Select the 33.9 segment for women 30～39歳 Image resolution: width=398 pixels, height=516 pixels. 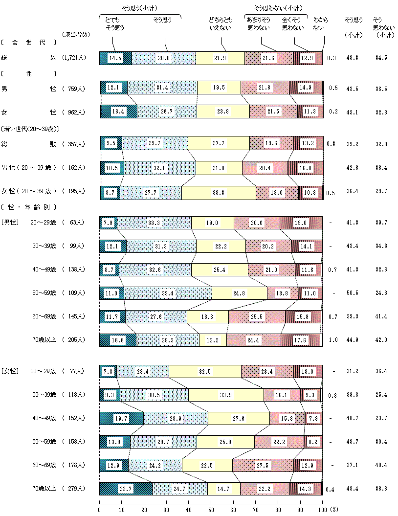pyautogui.click(x=225, y=395)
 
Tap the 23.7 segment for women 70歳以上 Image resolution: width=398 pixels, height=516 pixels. pyautogui.click(x=126, y=489)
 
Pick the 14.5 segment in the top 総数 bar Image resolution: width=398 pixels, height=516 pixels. pyautogui.click(x=115, y=58)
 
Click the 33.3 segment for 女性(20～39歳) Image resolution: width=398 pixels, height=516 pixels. pyautogui.click(x=219, y=193)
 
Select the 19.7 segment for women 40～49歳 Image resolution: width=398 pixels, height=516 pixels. pyautogui.click(x=121, y=418)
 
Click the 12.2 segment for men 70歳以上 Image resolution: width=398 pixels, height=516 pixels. pyautogui.click(x=213, y=340)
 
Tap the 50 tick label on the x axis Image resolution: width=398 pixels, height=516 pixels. pyautogui.click(x=211, y=510)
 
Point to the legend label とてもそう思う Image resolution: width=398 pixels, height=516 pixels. pyautogui.click(x=115, y=24)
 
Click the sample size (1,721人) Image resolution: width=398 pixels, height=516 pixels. pyautogui.click(x=74, y=58)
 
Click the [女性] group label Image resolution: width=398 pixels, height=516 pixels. pyautogui.click(x=10, y=372)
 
